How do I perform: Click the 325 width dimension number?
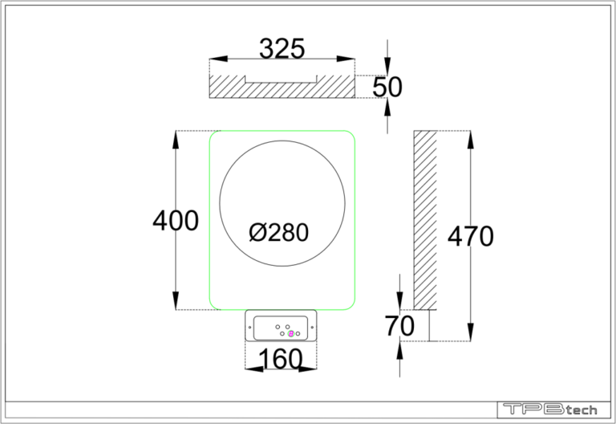[x=282, y=49]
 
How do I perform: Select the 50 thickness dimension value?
[x=387, y=87]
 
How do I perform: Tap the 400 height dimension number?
[x=176, y=220]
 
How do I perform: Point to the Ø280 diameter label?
[x=278, y=233]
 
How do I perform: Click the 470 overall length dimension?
[x=470, y=236]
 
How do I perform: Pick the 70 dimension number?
[x=399, y=327]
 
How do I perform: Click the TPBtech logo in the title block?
[x=549, y=410]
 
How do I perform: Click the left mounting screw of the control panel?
[x=257, y=328]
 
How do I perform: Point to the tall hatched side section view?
[x=424, y=218]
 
